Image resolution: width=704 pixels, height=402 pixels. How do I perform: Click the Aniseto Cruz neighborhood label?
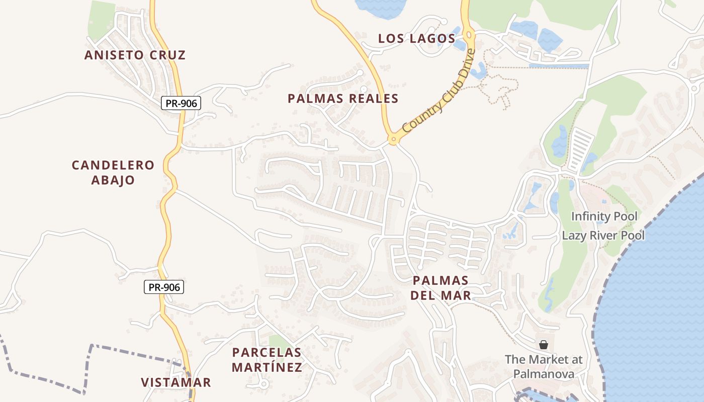pos(135,55)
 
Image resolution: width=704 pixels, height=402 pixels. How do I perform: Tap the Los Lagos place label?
pos(417,39)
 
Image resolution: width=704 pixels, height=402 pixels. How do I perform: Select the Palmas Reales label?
pos(343,98)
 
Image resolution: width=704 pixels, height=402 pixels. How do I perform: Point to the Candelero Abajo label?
pos(113,172)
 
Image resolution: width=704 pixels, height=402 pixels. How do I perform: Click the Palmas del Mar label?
pos(441,287)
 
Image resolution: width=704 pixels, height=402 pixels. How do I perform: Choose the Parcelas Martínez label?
pos(267,360)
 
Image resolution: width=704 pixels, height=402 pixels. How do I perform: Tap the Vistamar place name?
pos(176,382)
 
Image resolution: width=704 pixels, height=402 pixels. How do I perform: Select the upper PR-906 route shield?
pos(181,104)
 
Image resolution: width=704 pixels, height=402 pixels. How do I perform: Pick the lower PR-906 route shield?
pos(164,287)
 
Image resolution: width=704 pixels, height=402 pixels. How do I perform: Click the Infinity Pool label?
pos(604,217)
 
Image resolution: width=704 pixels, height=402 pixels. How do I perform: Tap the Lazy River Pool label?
pos(603,235)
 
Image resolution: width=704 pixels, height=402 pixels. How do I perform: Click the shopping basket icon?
pos(543,345)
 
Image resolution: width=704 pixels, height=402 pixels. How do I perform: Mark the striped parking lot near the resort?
pos(580,148)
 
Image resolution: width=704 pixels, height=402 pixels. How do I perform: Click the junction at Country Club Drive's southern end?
pos(393,139)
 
